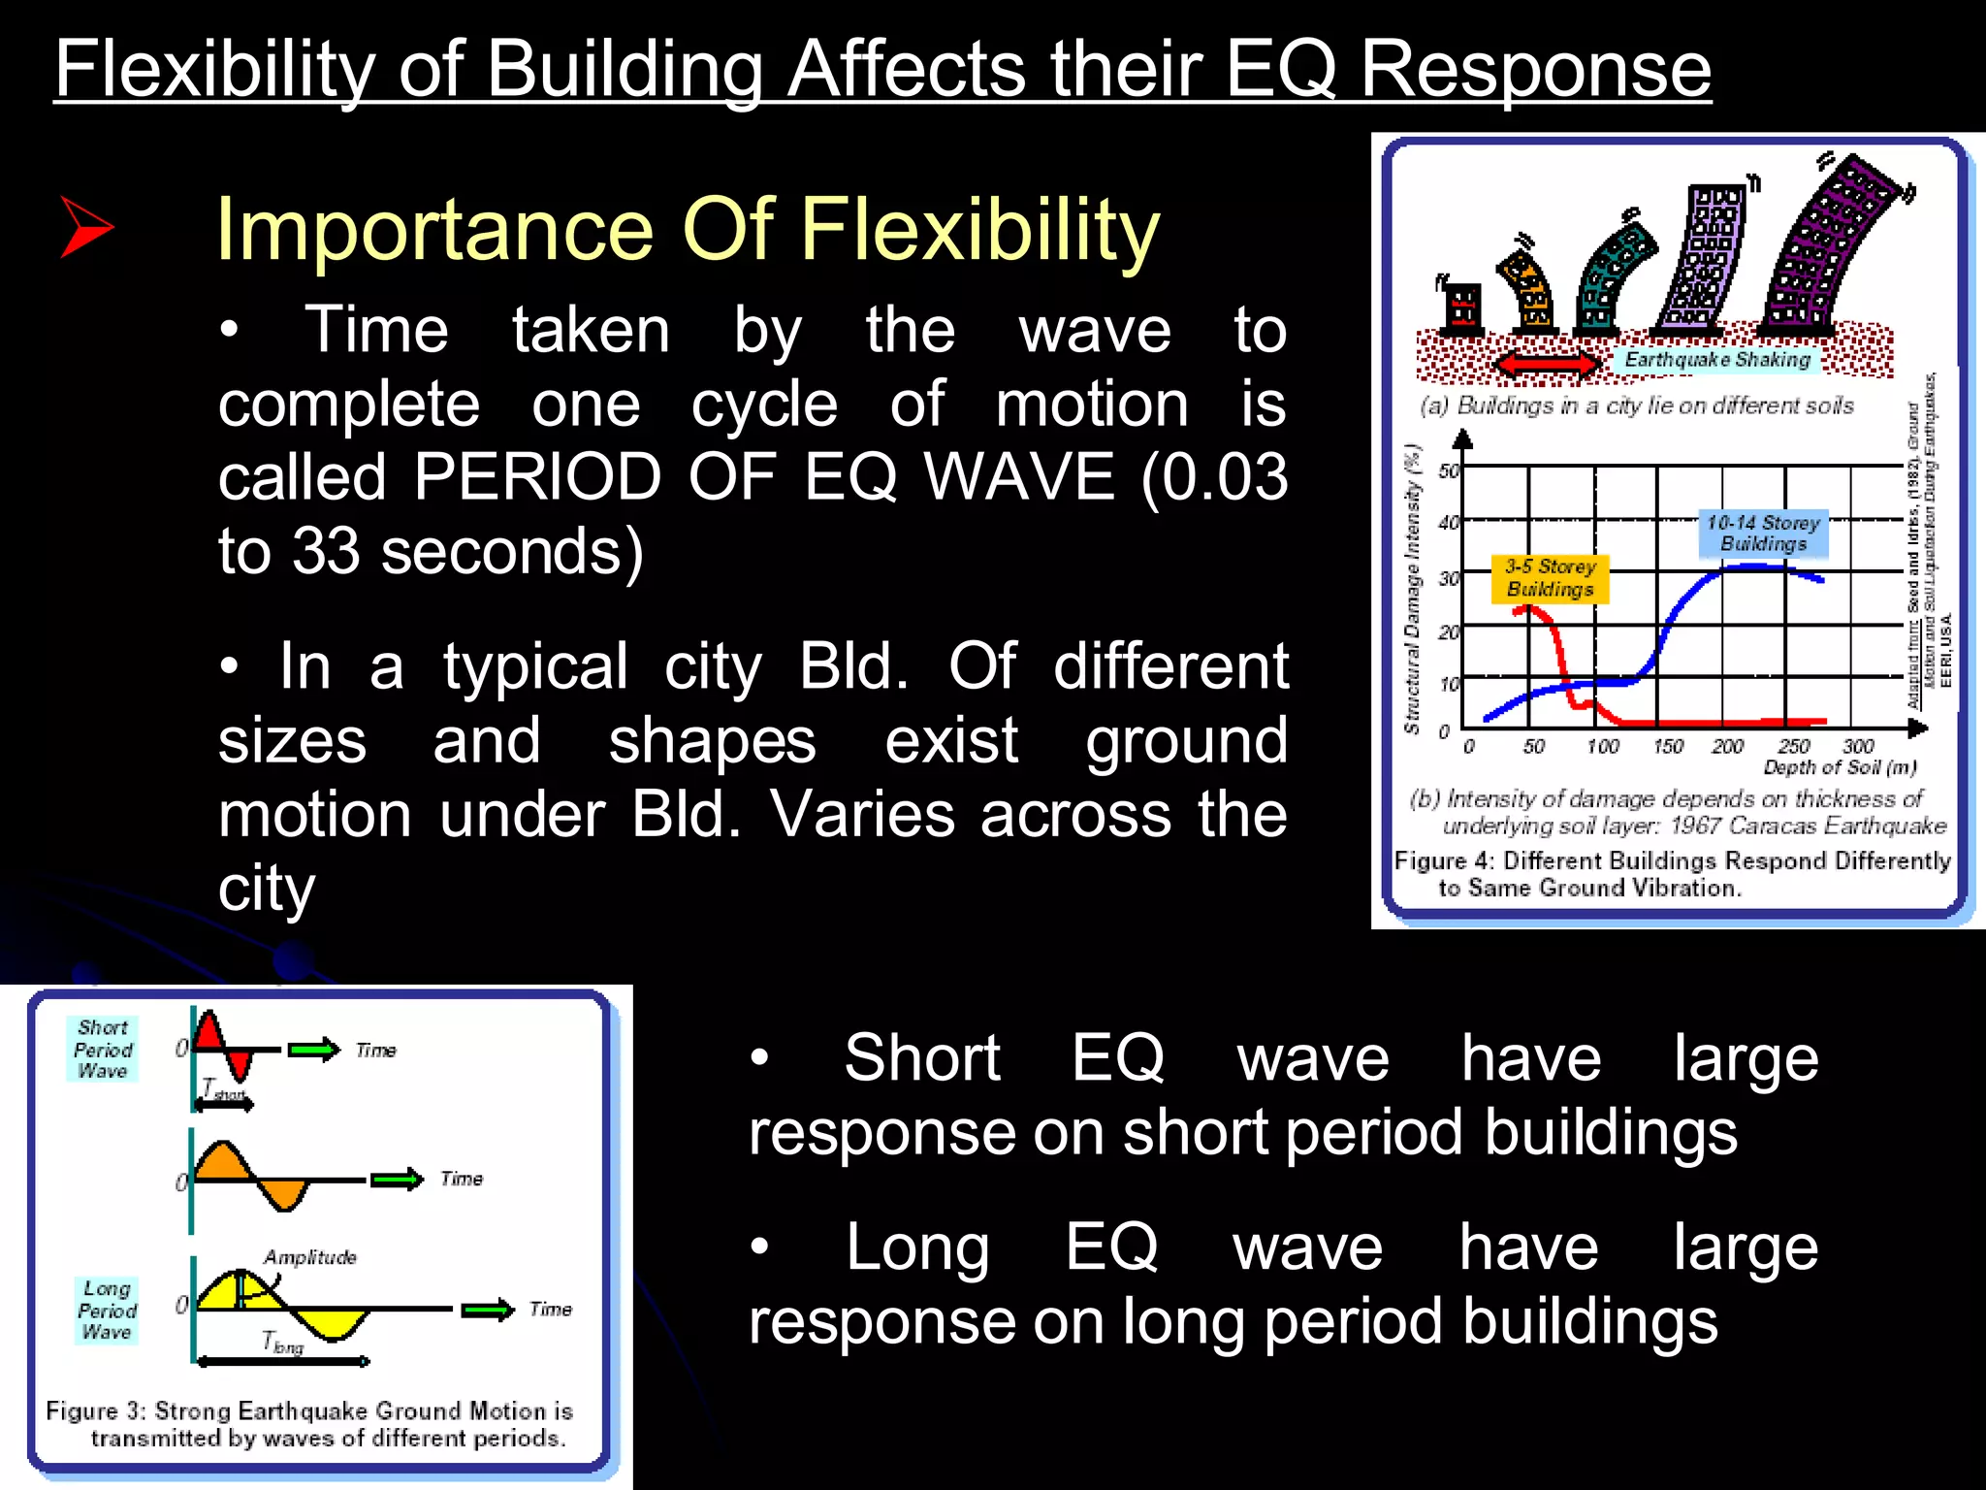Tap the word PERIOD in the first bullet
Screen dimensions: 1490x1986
point(537,477)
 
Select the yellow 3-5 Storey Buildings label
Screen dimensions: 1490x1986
point(1550,579)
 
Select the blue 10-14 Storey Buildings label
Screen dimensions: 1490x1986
point(1762,534)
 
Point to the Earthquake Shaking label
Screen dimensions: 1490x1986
point(1716,360)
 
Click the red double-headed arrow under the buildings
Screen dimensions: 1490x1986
point(1546,365)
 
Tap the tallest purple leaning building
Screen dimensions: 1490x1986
point(1833,243)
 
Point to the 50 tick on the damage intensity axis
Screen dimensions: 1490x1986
point(1448,471)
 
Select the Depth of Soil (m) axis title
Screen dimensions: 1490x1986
point(1839,768)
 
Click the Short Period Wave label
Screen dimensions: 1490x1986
point(103,1049)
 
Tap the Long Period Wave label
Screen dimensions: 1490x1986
point(107,1311)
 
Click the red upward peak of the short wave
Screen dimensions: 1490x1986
point(208,1032)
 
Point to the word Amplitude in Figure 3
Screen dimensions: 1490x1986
point(310,1257)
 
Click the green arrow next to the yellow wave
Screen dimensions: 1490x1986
point(488,1310)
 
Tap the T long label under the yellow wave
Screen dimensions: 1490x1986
point(282,1344)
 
